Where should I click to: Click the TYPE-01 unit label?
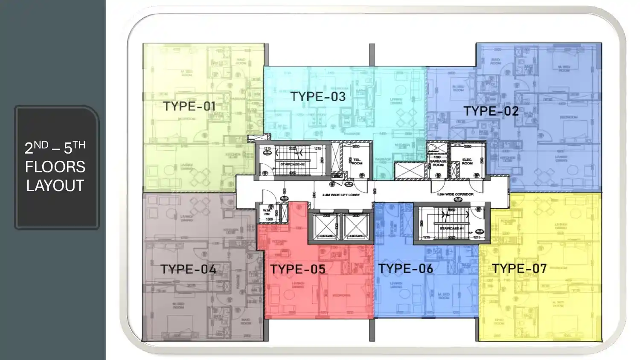tap(189, 106)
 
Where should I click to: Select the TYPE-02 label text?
tap(491, 111)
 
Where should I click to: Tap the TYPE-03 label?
tap(318, 97)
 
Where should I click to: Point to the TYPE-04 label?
tap(188, 269)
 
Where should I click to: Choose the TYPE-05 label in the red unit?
tap(298, 269)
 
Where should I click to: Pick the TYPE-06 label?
tap(405, 269)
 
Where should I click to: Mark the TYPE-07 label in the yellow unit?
tap(519, 269)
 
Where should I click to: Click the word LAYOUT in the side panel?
tap(55, 186)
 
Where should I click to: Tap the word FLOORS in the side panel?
tap(55, 167)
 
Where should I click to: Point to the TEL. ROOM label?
tap(357, 162)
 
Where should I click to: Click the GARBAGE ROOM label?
tap(438, 163)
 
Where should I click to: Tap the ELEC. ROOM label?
tap(467, 162)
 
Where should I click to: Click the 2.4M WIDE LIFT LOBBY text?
tap(341, 195)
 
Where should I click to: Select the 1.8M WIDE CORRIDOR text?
tap(455, 195)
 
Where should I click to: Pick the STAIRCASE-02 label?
tap(292, 164)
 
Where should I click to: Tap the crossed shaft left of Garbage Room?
tap(410, 171)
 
